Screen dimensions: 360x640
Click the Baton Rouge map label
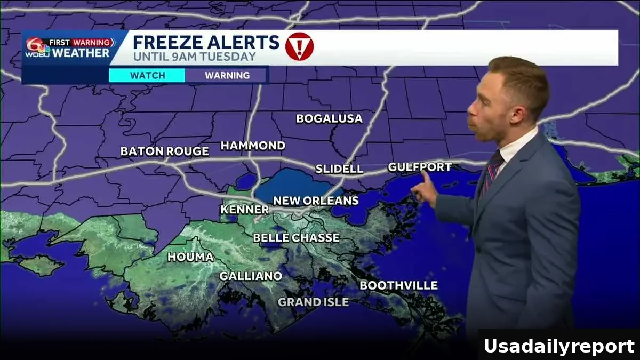164,151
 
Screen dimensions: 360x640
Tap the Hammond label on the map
253,145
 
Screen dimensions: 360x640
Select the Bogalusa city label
329,118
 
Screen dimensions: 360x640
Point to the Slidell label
339,169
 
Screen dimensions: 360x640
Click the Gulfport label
419,167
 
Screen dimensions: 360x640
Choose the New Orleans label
316,201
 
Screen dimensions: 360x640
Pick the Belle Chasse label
296,237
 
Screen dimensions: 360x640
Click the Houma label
190,257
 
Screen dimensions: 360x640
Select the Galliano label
251,276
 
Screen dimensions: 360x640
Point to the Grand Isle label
313,302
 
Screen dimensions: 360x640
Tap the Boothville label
398,285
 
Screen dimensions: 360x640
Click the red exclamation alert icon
299,46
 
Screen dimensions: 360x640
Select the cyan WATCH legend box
147,75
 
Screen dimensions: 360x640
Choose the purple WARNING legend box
227,75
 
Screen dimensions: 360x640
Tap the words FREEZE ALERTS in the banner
206,42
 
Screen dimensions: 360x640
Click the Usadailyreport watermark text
558,346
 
